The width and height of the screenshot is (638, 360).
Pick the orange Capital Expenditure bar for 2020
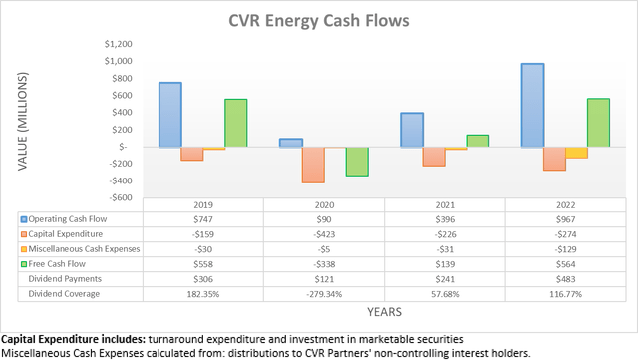point(313,165)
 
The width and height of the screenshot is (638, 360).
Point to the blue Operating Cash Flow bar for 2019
point(170,114)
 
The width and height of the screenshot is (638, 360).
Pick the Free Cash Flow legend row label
point(63,263)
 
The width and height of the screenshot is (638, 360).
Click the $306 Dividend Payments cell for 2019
point(203,278)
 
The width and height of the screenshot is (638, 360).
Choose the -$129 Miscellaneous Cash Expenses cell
point(566,248)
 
